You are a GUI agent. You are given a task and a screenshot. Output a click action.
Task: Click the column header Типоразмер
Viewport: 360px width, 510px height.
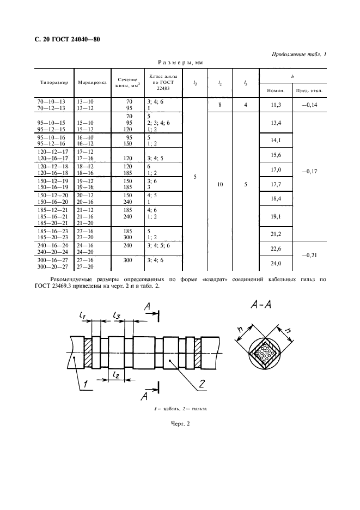(54, 83)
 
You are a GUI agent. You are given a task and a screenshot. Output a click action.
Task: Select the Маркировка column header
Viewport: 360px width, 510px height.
(93, 83)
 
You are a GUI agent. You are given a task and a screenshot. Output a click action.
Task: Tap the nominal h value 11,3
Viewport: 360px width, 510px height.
(276, 105)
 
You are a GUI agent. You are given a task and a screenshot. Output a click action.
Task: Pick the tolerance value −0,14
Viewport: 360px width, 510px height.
(309, 105)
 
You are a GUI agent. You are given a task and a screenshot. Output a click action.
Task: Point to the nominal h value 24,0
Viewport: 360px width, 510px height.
(276, 263)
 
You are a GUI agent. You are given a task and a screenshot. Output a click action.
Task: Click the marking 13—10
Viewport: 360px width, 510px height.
(85, 101)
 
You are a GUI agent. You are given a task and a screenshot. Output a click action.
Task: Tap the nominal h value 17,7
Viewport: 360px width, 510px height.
(276, 184)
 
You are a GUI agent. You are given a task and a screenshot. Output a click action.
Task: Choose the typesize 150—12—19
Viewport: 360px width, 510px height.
(51, 181)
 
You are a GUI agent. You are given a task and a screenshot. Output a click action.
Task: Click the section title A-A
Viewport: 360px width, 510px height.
(261, 305)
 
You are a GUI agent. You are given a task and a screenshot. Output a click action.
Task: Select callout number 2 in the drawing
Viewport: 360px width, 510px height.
(202, 384)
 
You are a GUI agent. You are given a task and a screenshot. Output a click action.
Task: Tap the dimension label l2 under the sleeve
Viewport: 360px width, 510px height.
(116, 375)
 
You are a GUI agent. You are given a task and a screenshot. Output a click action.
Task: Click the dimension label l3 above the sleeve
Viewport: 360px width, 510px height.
(117, 315)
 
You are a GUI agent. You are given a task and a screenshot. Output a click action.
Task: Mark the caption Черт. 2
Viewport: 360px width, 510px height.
(180, 423)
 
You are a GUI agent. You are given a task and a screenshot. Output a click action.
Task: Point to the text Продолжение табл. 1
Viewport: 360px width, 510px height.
(299, 54)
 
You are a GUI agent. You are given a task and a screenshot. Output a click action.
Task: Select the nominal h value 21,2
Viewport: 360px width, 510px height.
(276, 234)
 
